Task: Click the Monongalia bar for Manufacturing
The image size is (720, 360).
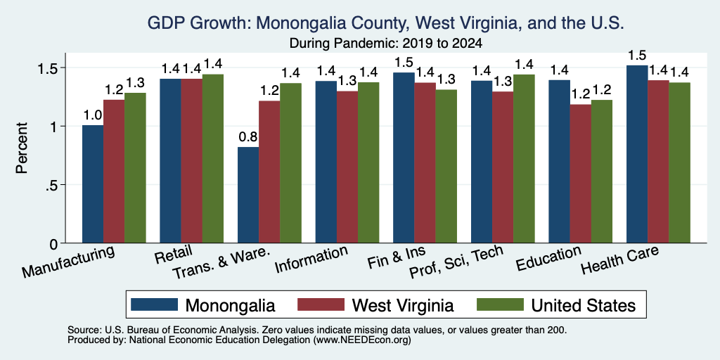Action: click(93, 184)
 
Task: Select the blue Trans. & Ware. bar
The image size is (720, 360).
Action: click(248, 195)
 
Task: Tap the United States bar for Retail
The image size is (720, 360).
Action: click(213, 158)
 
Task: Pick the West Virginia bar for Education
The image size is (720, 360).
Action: click(580, 174)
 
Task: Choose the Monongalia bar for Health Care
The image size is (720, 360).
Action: click(637, 154)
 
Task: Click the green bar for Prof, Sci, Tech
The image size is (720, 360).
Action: click(524, 158)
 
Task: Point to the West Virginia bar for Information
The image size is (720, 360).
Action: click(347, 167)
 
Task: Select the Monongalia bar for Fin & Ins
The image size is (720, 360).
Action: click(404, 158)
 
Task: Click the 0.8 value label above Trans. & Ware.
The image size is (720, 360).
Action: click(248, 137)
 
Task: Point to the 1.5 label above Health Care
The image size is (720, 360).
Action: click(637, 56)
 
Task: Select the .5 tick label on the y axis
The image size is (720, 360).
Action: click(57, 185)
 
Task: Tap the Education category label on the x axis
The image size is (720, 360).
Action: click(548, 259)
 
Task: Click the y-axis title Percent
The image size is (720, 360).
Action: click(22, 148)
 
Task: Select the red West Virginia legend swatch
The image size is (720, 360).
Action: click(321, 304)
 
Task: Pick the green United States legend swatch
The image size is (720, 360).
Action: click(500, 304)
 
